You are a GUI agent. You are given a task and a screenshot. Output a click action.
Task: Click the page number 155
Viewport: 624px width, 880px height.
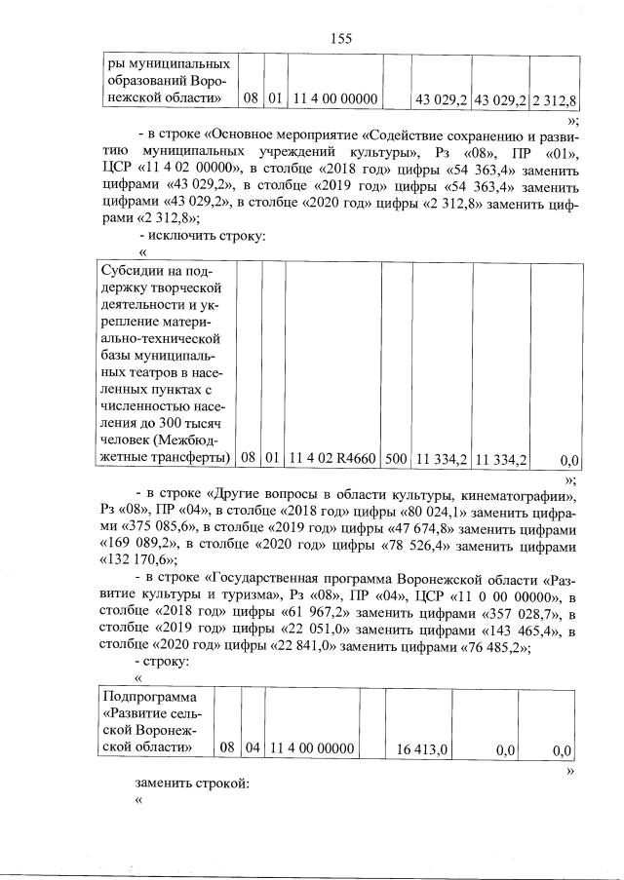(340, 38)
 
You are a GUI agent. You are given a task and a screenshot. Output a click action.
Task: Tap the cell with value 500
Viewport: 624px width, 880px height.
(396, 458)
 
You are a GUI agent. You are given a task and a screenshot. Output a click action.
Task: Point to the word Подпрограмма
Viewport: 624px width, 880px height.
(151, 697)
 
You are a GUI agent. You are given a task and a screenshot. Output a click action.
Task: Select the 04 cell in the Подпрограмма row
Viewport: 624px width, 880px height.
(253, 748)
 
